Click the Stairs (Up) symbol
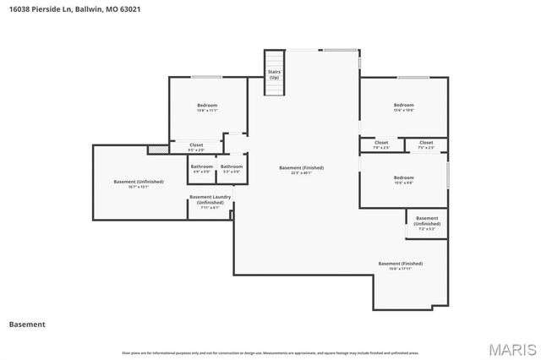pyautogui.click(x=274, y=73)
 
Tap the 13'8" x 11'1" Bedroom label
pyautogui.click(x=207, y=107)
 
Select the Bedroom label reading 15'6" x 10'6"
pyautogui.click(x=403, y=107)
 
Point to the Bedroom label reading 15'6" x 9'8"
pyautogui.click(x=403, y=179)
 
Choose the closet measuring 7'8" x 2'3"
pyautogui.click(x=381, y=145)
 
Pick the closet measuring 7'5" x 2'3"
pyautogui.click(x=426, y=145)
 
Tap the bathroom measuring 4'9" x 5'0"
pyautogui.click(x=201, y=169)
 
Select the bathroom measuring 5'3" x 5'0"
pyautogui.click(x=232, y=169)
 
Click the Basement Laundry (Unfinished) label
pyautogui.click(x=210, y=202)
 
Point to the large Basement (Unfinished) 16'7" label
pyautogui.click(x=139, y=184)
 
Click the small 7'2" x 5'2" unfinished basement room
pyautogui.click(x=427, y=223)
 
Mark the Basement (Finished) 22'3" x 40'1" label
pyautogui.click(x=301, y=170)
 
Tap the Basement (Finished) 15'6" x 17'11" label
pyautogui.click(x=400, y=265)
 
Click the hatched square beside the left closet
pyautogui.click(x=153, y=150)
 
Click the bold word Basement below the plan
pyautogui.click(x=27, y=324)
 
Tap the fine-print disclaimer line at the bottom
pyautogui.click(x=270, y=352)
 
